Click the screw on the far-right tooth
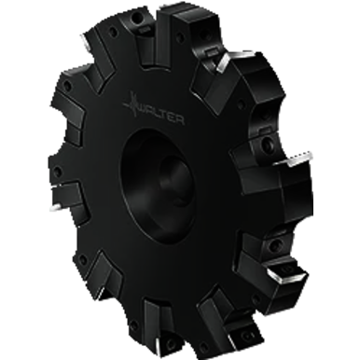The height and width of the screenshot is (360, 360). click(x=268, y=146)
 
